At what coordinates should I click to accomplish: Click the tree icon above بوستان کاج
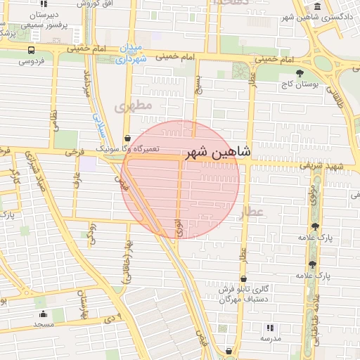pos(300,72)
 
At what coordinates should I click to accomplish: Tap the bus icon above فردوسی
pos(31,51)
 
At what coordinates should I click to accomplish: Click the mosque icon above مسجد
pos(43,314)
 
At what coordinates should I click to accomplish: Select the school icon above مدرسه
pos(270,327)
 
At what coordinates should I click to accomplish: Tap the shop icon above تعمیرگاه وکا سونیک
pos(127,138)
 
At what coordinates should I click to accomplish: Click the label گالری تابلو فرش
pos(243,289)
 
